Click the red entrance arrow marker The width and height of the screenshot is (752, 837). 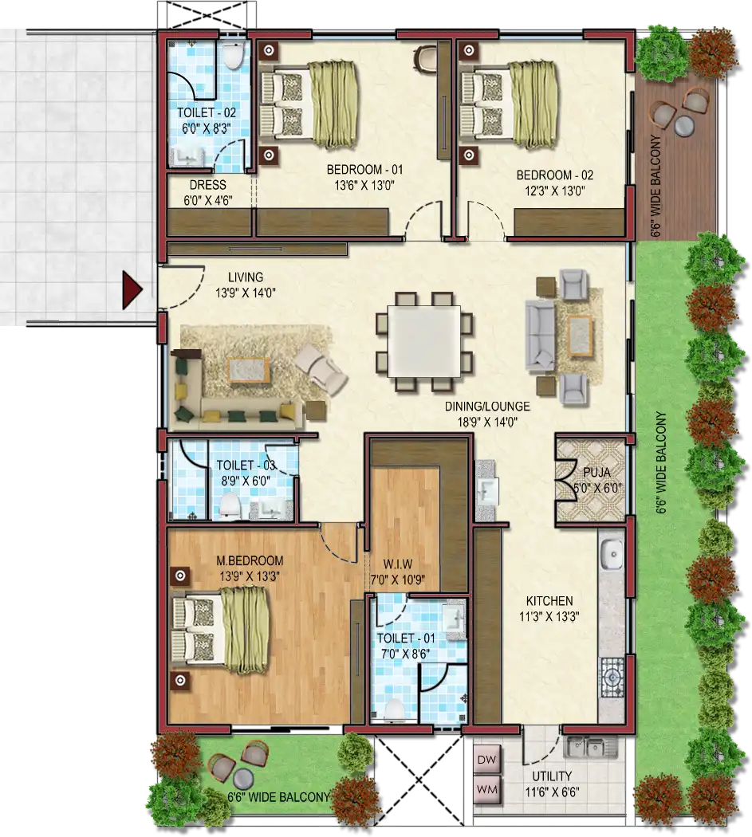coord(132,291)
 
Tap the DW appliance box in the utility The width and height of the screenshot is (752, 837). coord(487,760)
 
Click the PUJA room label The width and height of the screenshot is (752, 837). coord(596,473)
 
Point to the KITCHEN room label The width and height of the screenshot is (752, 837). coord(549,600)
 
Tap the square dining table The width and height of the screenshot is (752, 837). coord(424,341)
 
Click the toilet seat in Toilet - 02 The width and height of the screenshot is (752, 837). coord(233,55)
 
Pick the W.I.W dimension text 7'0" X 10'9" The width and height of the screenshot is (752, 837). coord(398,580)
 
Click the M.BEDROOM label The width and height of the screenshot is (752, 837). coord(250,560)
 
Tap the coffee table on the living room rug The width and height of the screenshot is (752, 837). coord(248,370)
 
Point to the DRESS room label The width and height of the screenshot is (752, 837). coord(208,185)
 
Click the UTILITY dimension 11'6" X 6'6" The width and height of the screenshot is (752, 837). coord(553,792)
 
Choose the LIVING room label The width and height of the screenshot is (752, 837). coord(246,277)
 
